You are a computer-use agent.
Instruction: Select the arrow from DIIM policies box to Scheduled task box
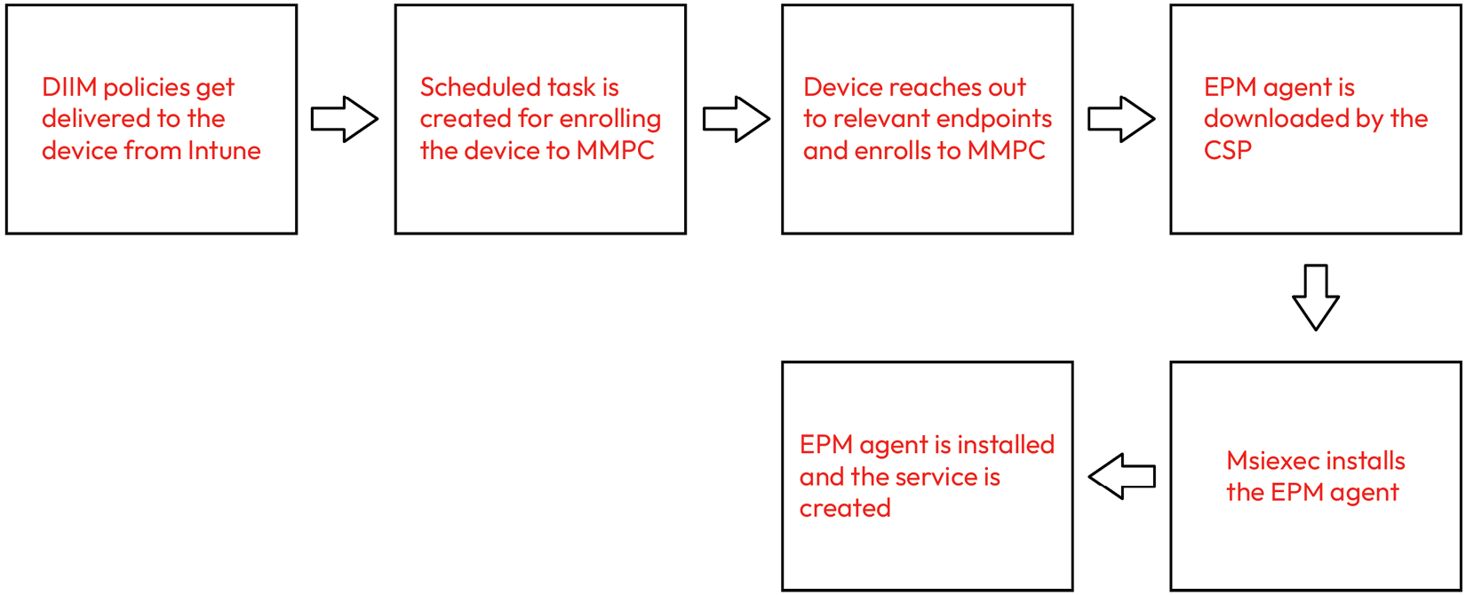[345, 119]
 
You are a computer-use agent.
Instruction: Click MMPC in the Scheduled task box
[615, 151]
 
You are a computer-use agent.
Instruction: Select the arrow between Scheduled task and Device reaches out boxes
[736, 119]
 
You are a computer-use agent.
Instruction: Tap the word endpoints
[1000, 119]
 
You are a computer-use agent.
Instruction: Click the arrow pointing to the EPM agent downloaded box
[1121, 119]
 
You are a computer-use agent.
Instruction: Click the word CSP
[1227, 151]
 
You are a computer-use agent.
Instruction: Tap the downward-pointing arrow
[1315, 297]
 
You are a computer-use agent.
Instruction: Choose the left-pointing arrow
[1121, 476]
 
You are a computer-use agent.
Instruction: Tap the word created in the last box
[845, 509]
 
